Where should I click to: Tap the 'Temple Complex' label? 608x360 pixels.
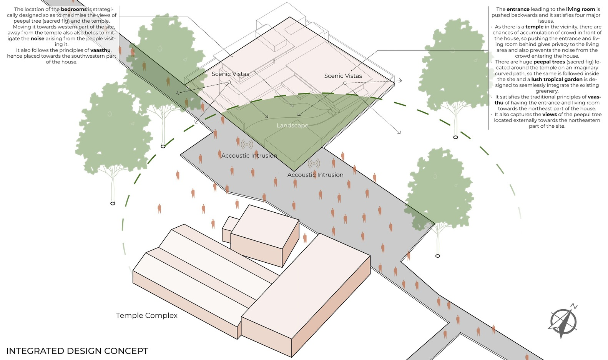pyautogui.click(x=146, y=315)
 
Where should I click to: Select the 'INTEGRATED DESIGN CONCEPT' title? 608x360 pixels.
pyautogui.click(x=77, y=351)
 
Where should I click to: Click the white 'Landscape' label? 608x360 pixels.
pyautogui.click(x=292, y=125)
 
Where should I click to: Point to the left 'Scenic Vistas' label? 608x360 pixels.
pyautogui.click(x=230, y=74)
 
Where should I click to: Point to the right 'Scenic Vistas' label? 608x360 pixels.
pyautogui.click(x=343, y=76)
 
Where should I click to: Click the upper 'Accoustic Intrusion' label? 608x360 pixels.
pyautogui.click(x=249, y=156)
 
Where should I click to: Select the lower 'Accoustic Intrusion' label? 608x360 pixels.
pyautogui.click(x=316, y=175)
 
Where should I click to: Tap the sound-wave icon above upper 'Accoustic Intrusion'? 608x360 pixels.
pyautogui.click(x=247, y=145)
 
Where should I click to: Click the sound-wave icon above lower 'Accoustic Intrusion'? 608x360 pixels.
pyautogui.click(x=314, y=163)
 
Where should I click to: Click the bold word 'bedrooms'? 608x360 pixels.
pyautogui.click(x=74, y=10)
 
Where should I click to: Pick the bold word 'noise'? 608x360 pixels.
pyautogui.click(x=37, y=38)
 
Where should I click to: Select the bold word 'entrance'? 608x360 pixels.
pyautogui.click(x=518, y=9)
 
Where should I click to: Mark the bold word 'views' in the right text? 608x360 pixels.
pyautogui.click(x=550, y=114)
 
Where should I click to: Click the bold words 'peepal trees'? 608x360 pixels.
pyautogui.click(x=549, y=62)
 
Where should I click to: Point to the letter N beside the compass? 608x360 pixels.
pyautogui.click(x=574, y=306)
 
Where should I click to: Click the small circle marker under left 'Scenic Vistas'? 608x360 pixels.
pyautogui.click(x=229, y=82)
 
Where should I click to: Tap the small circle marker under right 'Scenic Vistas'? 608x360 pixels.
pyautogui.click(x=345, y=83)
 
